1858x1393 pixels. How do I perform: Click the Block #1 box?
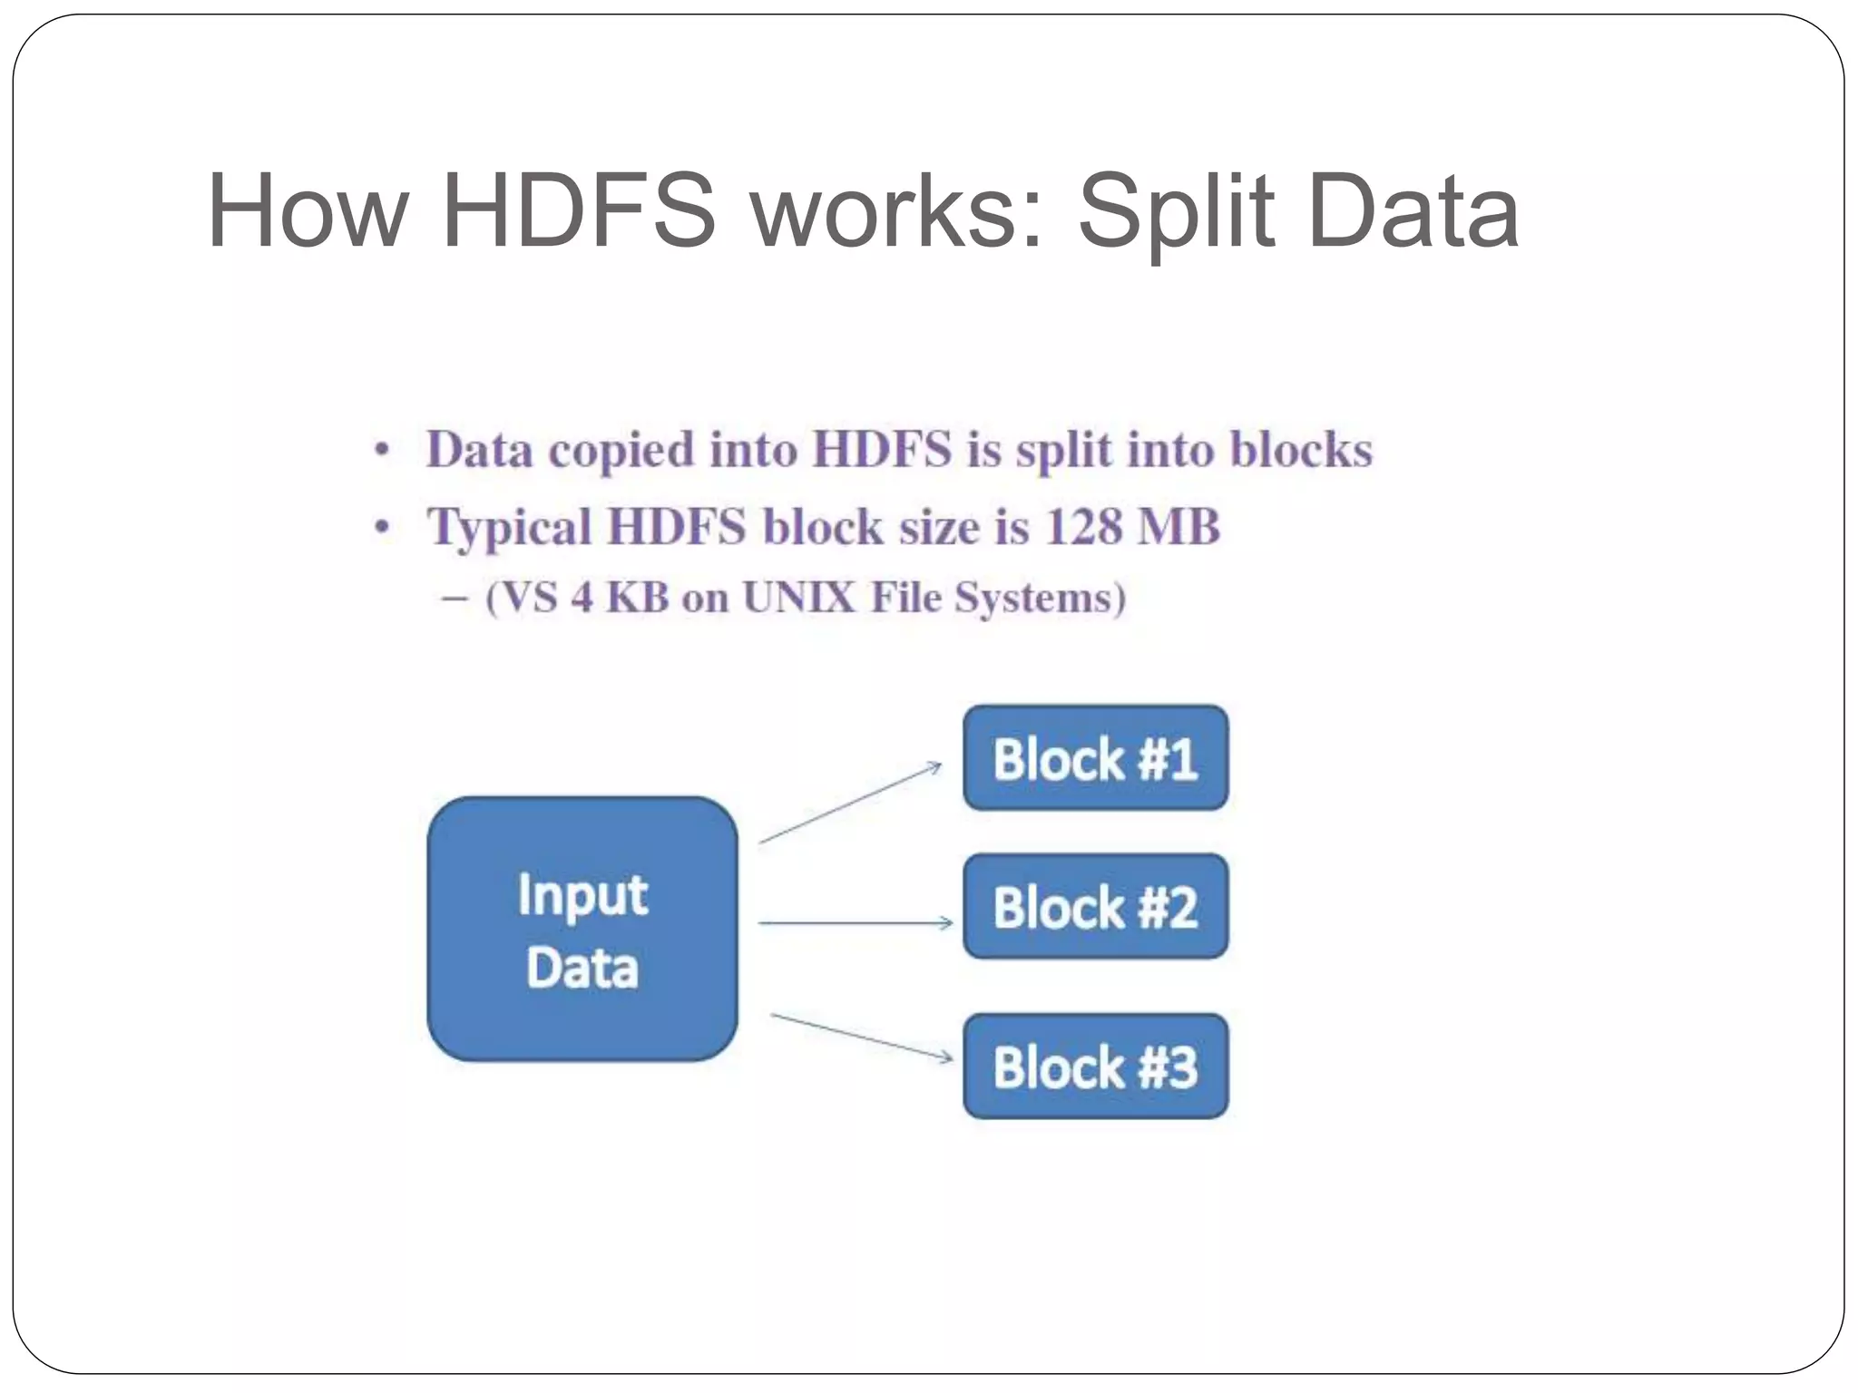[1095, 758]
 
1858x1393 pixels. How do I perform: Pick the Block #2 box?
[1095, 906]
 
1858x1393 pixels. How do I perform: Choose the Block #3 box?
[1095, 1066]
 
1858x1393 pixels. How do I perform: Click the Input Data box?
[582, 929]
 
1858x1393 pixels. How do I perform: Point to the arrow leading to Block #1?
[850, 804]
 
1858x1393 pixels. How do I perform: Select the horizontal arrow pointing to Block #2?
[855, 922]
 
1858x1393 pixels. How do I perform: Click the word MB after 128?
[1178, 527]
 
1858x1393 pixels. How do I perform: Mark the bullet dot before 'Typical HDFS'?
[383, 528]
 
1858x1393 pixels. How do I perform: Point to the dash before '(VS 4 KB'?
[455, 599]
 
